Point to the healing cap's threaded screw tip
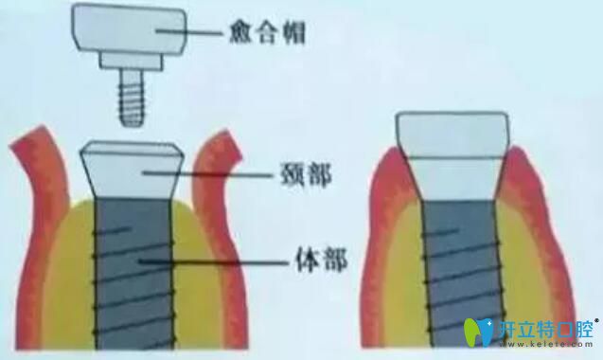130,99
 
